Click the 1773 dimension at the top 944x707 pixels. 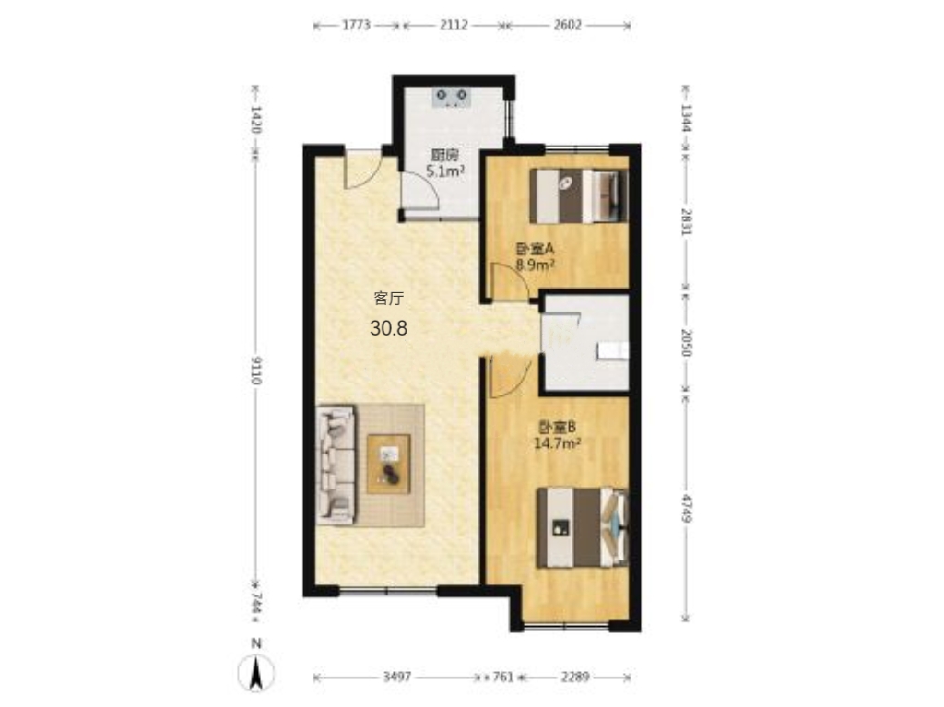(356, 25)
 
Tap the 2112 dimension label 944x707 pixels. (454, 25)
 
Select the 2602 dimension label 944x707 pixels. (568, 25)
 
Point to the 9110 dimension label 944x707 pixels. (256, 371)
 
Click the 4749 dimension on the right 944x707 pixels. (686, 508)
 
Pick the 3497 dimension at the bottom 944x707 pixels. (397, 677)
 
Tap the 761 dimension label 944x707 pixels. (502, 677)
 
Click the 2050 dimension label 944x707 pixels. (686, 342)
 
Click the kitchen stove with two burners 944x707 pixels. (452, 97)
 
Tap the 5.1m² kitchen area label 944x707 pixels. (445, 171)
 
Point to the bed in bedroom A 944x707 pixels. (579, 195)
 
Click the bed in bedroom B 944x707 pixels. (583, 527)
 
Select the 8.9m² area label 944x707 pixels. (536, 265)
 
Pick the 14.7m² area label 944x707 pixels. (558, 443)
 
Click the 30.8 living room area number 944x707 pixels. (389, 328)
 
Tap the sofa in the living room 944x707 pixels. (336, 465)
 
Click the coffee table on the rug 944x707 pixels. (389, 464)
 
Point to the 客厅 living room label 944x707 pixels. (389, 298)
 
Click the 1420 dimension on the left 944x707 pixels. (256, 119)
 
